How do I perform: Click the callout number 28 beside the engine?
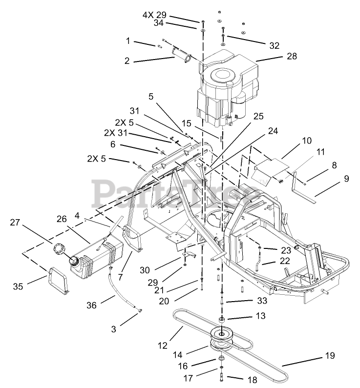pyautogui.click(x=292, y=56)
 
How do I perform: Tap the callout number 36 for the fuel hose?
pyautogui.click(x=91, y=305)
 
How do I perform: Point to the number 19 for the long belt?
pyautogui.click(x=330, y=356)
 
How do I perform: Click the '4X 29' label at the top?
pyautogui.click(x=154, y=15)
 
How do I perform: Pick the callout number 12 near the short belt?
pyautogui.click(x=163, y=346)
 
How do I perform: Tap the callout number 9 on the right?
pyautogui.click(x=346, y=179)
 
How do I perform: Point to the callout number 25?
pyautogui.click(x=258, y=116)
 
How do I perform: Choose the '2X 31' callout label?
pyautogui.click(x=116, y=133)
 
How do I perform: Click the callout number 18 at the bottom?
pyautogui.click(x=252, y=379)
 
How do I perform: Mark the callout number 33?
pyautogui.click(x=262, y=301)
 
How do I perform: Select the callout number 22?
pyautogui.click(x=285, y=261)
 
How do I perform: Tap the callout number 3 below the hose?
pyautogui.click(x=113, y=329)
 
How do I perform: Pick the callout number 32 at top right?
pyautogui.click(x=274, y=45)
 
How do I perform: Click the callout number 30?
pyautogui.click(x=145, y=270)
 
